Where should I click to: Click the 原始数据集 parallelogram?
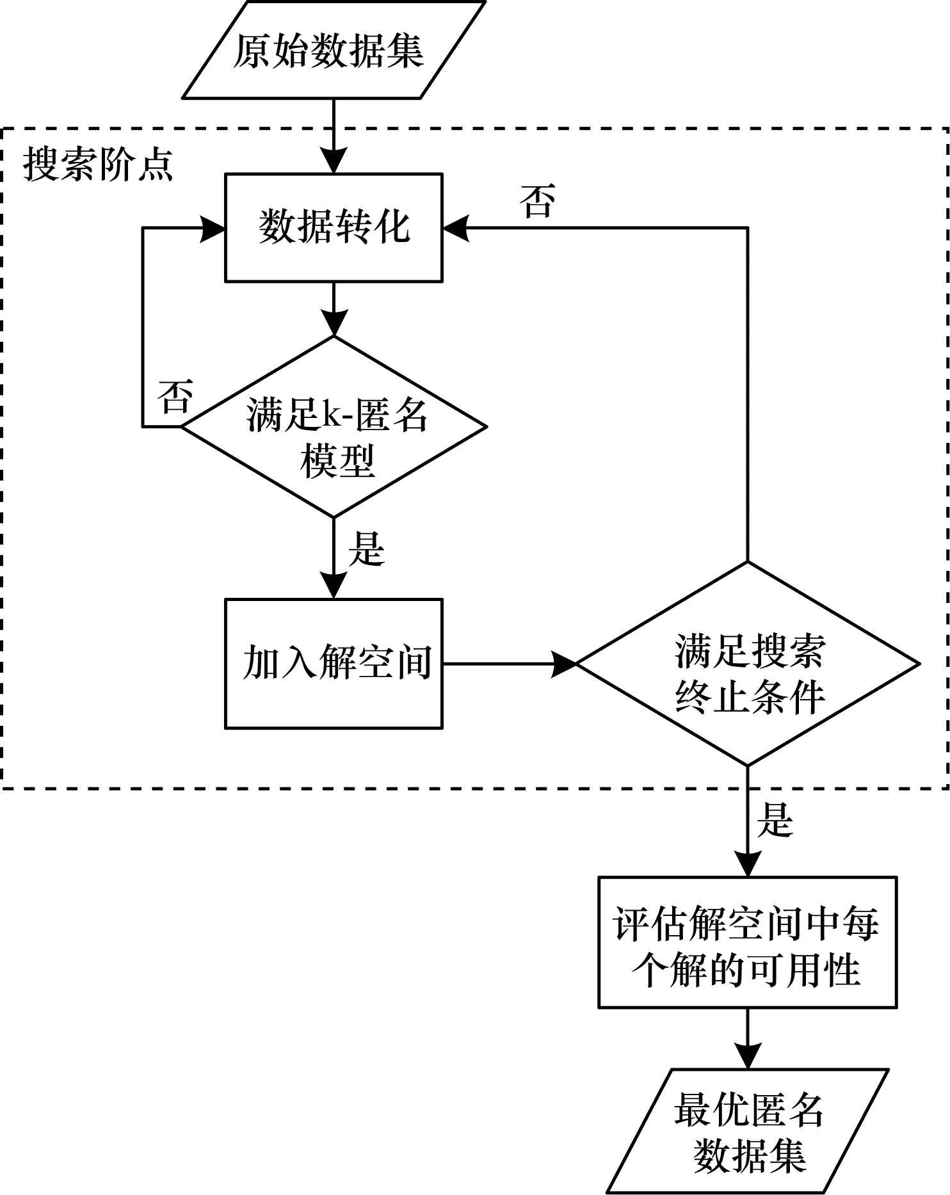point(334,50)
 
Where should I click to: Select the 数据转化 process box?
point(334,227)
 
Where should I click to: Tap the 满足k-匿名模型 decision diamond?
point(334,426)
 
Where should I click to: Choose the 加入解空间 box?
point(334,664)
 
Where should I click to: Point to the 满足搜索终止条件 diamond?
point(748,664)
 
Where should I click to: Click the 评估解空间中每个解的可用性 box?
point(748,943)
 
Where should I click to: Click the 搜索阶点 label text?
point(98,164)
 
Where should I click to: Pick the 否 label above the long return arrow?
point(537,201)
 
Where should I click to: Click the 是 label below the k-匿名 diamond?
point(367,549)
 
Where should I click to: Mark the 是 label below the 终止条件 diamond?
point(775,821)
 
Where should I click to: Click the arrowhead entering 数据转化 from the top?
point(334,161)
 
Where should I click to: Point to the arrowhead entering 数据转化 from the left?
point(213,228)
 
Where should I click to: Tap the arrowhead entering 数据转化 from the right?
point(455,228)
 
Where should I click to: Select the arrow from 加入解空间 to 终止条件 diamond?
point(510,664)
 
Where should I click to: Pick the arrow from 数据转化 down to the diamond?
point(334,309)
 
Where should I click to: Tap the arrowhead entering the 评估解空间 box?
point(748,864)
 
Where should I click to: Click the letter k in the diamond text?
point(332,414)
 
